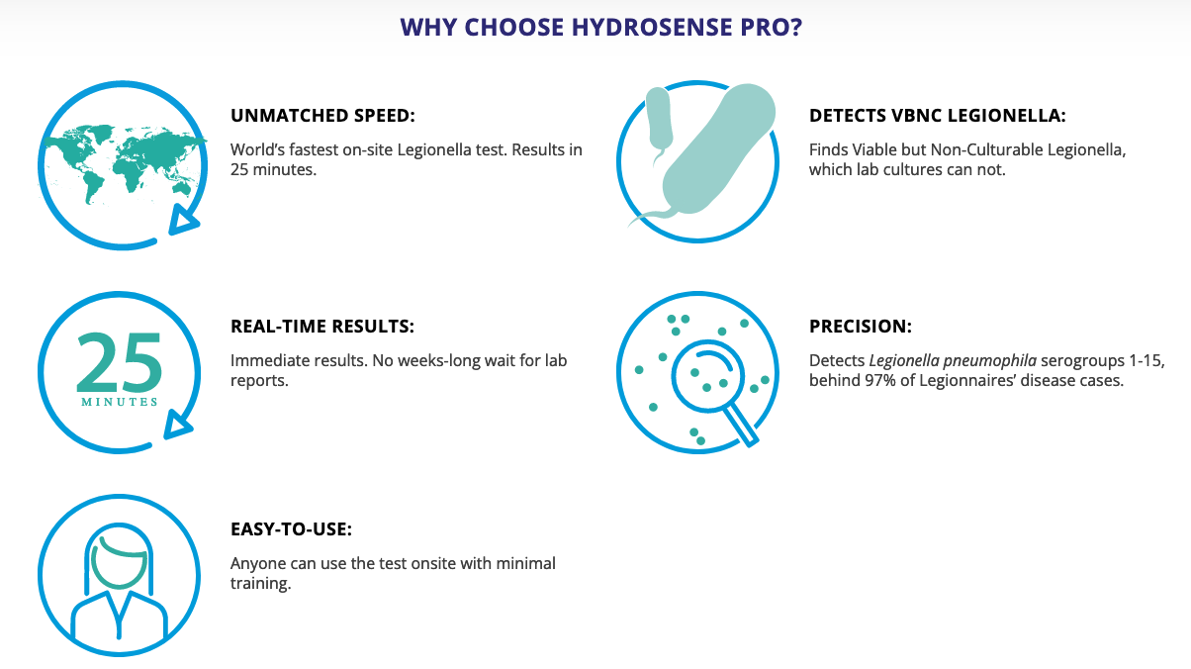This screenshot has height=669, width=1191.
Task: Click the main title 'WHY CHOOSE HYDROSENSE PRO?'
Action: pyautogui.click(x=600, y=28)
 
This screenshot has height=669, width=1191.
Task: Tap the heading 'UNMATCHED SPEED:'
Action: pyautogui.click(x=322, y=116)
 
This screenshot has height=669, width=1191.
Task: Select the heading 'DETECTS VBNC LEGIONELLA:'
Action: pyautogui.click(x=938, y=116)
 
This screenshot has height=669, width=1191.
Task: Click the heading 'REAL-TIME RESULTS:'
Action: pyautogui.click(x=322, y=326)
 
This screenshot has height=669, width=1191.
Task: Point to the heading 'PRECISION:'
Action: pyautogui.click(x=861, y=326)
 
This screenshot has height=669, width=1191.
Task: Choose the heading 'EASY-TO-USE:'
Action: pyautogui.click(x=291, y=529)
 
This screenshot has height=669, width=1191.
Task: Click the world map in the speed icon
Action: pyautogui.click(x=125, y=161)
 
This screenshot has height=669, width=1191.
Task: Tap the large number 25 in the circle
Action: pyautogui.click(x=119, y=361)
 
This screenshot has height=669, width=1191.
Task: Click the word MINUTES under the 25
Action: pyautogui.click(x=119, y=402)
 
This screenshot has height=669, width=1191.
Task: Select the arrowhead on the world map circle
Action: pyautogui.click(x=182, y=219)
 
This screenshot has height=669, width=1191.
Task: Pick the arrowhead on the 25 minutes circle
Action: pyautogui.click(x=176, y=425)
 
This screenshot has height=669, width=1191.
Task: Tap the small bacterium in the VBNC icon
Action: pyautogui.click(x=659, y=123)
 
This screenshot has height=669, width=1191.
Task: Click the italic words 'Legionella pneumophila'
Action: pyautogui.click(x=953, y=360)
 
